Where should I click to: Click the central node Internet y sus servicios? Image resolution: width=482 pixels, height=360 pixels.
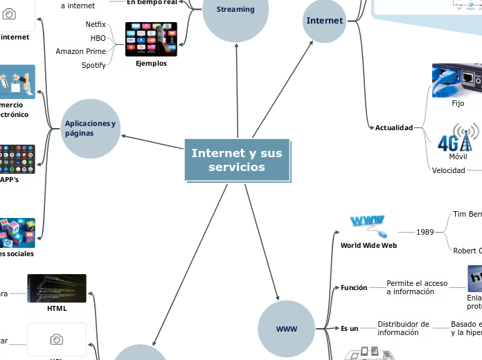237,161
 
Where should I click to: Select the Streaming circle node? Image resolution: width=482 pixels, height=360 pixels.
235,10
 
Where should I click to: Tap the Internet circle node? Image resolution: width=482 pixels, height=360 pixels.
324,21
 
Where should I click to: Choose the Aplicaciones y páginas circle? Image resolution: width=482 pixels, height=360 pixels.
91,128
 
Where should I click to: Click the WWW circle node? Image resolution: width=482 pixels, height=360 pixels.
286,329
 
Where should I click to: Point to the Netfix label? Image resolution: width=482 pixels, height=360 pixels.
96,24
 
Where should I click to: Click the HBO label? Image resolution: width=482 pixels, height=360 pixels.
98,38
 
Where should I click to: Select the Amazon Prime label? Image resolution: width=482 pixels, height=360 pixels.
81,51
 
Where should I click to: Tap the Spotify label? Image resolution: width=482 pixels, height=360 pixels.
93,65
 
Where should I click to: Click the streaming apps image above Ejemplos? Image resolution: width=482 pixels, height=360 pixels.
151,39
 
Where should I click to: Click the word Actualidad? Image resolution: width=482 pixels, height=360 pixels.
393,127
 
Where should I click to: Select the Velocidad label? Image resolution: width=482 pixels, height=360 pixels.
449,170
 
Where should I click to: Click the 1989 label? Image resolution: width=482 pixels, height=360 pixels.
425,232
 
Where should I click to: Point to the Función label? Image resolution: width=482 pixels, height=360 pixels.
354,287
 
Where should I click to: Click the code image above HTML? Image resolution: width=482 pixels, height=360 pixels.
57,288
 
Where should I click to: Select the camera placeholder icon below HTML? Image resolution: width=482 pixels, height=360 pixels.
57,339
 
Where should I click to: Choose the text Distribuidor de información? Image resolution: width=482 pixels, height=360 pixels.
403,328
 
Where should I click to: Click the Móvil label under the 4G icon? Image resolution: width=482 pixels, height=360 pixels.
458,156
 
